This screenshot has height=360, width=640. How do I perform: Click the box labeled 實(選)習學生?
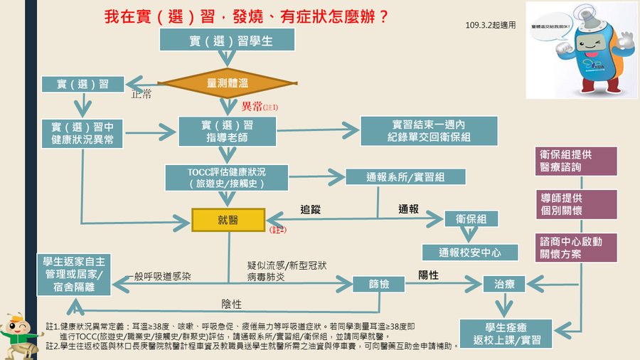point(227,41)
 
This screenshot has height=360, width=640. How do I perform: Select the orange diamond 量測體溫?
point(227,83)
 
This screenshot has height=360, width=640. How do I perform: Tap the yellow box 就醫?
point(228,220)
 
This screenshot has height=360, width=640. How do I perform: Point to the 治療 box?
point(504,285)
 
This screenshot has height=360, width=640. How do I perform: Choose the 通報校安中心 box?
point(470,252)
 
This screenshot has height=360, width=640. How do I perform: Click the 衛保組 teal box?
point(471,220)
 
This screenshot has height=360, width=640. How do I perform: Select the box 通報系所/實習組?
point(405,178)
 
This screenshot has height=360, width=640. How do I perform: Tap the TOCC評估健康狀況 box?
point(227,178)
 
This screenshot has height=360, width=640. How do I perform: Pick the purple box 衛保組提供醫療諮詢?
point(576,161)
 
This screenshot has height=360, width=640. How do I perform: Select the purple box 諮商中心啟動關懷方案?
point(576,246)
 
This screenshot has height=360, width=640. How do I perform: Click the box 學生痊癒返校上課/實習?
point(506,333)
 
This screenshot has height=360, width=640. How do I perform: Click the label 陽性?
point(428,275)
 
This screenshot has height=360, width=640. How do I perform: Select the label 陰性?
point(232,304)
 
